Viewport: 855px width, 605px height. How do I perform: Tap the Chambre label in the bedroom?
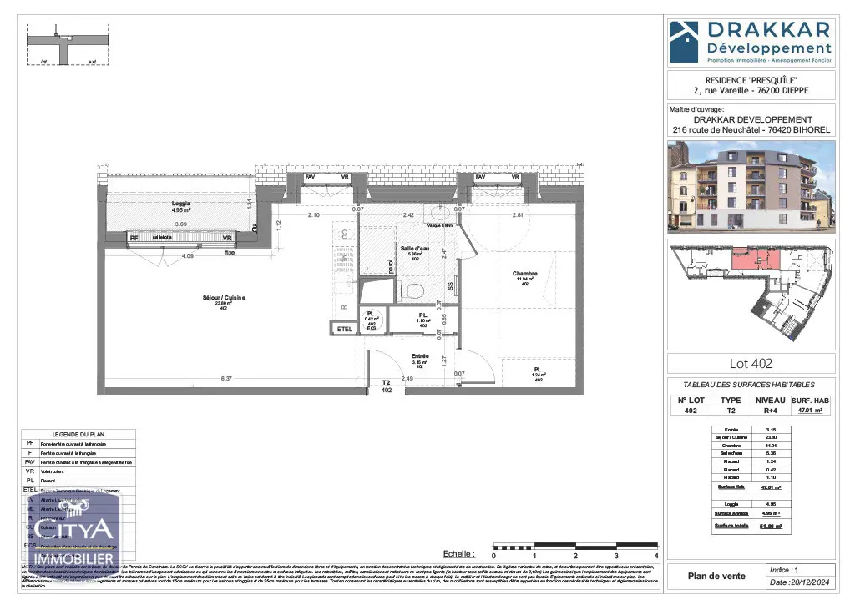point(525,274)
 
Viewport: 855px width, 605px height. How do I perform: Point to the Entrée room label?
point(419,356)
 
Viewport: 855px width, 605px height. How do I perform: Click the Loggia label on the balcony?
point(181,204)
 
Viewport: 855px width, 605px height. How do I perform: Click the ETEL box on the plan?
point(344,330)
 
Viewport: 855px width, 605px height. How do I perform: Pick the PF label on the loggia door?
point(134,239)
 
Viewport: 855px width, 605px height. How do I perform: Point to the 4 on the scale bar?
point(657,556)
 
